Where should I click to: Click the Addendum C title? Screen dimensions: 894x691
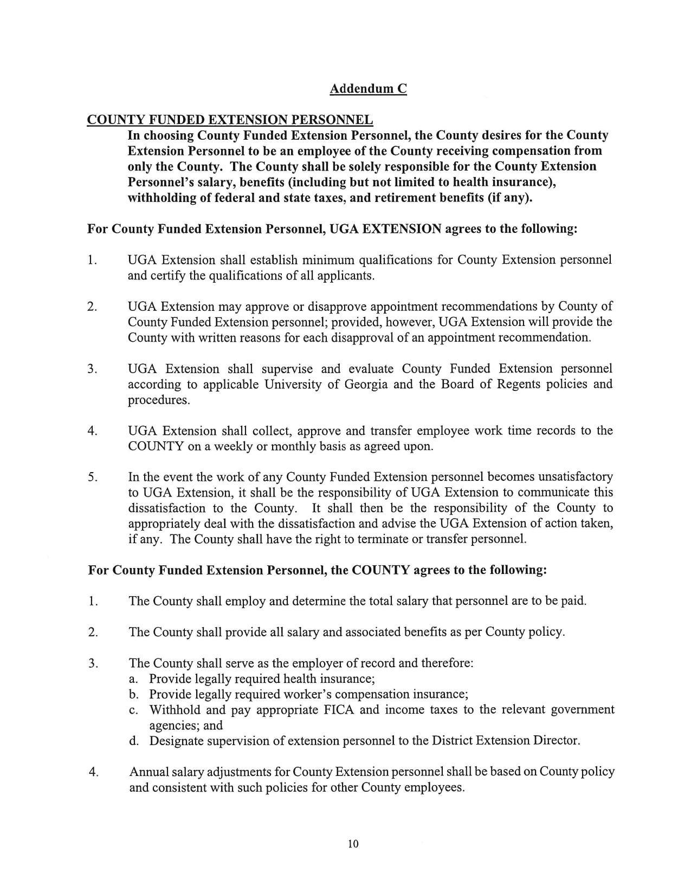(x=368, y=89)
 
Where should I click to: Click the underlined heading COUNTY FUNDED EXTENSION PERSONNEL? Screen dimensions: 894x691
(x=230, y=120)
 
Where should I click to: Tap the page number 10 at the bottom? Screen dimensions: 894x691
(x=353, y=844)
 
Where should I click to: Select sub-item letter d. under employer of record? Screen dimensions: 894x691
(x=134, y=741)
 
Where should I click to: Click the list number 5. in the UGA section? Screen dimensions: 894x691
(x=92, y=478)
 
